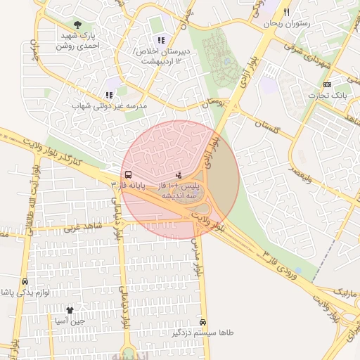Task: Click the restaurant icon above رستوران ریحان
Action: pos(286,13)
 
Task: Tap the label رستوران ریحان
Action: pos(287,24)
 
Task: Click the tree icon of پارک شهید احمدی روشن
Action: pos(77,25)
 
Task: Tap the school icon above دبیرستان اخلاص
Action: pos(161,40)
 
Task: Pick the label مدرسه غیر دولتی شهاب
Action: pos(109,105)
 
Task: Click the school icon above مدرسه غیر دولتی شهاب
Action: pos(108,95)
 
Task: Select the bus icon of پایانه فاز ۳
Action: pos(127,174)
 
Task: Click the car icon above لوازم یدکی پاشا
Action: pos(25,281)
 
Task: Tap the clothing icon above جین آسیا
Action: pos(70,310)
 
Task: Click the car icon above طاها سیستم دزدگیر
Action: pos(204,321)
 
